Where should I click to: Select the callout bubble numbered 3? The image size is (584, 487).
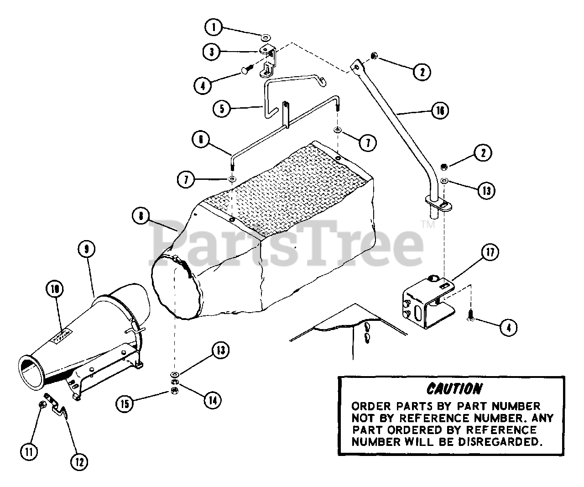[211, 52]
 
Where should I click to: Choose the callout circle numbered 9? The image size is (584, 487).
[86, 249]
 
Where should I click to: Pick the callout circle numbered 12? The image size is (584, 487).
[79, 461]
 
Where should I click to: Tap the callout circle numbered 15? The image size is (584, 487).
[124, 403]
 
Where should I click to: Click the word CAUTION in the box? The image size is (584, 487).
[454, 388]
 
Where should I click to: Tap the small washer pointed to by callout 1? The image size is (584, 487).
[266, 37]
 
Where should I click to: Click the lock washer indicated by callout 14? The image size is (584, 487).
[175, 382]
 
